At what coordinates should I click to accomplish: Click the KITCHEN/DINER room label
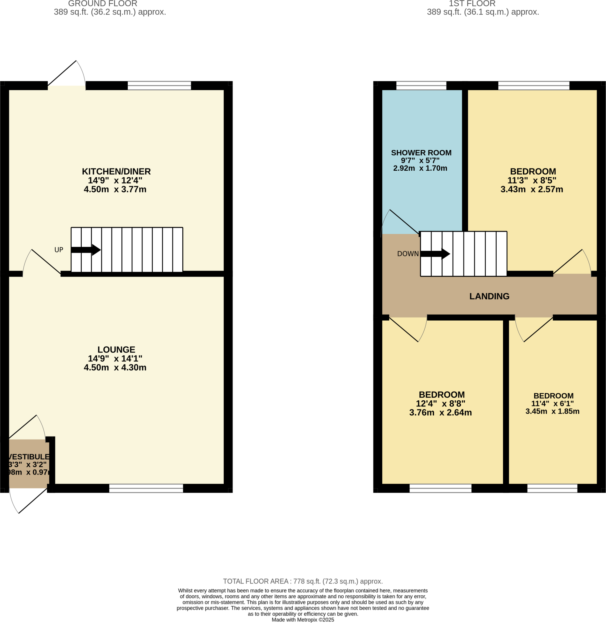(116, 171)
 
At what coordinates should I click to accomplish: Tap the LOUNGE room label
(116, 350)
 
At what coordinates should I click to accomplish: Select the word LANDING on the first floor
(489, 296)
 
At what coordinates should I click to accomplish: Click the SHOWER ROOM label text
(421, 153)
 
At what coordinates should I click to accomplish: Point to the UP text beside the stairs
(59, 250)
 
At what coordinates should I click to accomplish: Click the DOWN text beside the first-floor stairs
(408, 253)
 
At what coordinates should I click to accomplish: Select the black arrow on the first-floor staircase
(435, 254)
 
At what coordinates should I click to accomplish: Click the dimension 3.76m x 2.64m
(440, 412)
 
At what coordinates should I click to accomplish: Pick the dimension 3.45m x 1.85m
(552, 411)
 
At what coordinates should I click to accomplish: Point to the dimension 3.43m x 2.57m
(532, 189)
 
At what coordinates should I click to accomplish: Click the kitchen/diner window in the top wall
(159, 85)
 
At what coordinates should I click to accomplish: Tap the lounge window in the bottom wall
(146, 488)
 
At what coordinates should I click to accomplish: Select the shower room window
(421, 85)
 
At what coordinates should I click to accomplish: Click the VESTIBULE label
(29, 457)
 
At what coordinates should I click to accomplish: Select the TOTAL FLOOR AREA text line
(303, 581)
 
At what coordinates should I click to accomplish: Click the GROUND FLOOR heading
(102, 4)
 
